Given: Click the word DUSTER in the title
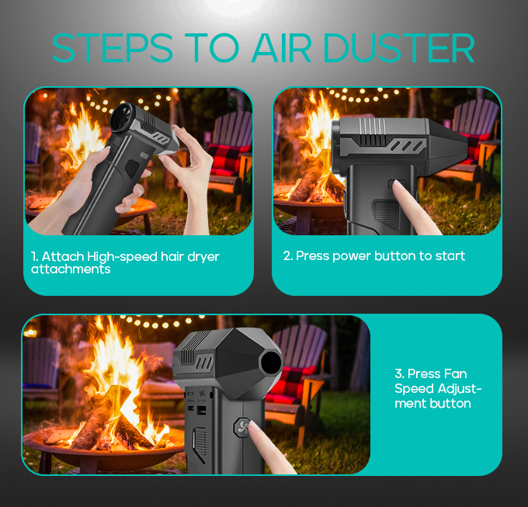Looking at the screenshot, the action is (398, 48).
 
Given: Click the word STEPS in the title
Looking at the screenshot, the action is (113, 48).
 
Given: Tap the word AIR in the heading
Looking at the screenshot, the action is (281, 48).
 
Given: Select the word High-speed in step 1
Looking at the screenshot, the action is (122, 257).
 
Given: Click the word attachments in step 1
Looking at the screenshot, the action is (71, 269).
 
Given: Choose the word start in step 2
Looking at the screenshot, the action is (450, 256).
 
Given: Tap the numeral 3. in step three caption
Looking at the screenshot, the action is (399, 373).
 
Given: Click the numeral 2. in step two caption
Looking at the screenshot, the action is (288, 256).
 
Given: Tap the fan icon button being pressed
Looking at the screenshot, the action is (242, 427).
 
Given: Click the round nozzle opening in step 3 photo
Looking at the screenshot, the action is (271, 363).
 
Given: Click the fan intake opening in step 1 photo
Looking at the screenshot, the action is (121, 116).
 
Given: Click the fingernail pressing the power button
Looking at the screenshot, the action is (398, 185).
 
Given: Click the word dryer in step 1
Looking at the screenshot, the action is (203, 257).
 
